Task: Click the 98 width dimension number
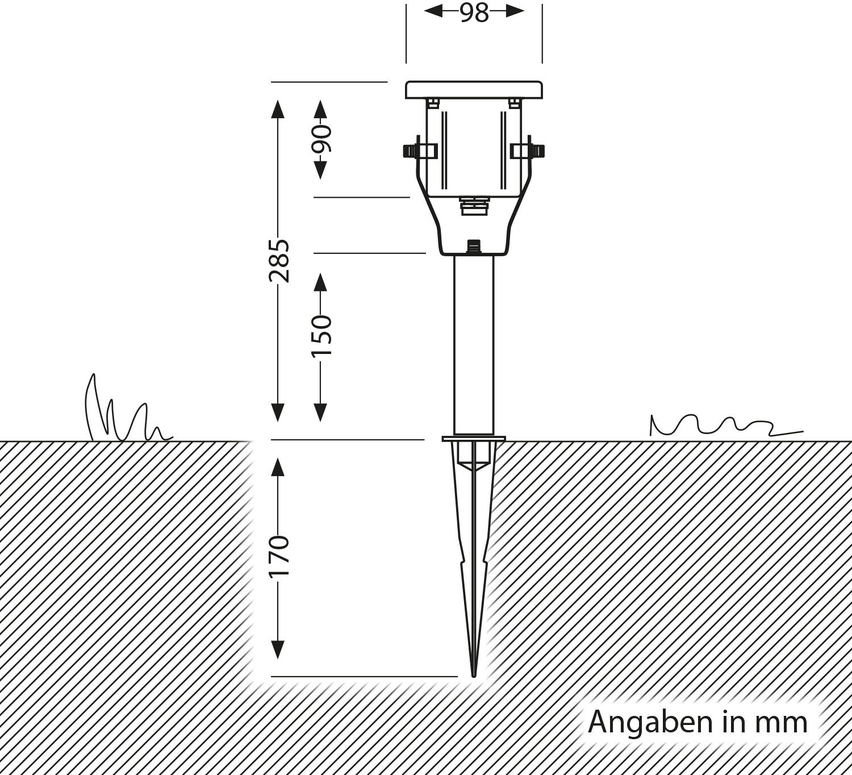click(x=474, y=13)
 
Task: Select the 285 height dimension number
click(x=279, y=261)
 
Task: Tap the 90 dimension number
click(x=321, y=139)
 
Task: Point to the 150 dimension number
click(x=321, y=336)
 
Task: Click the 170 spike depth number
click(x=279, y=555)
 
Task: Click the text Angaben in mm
click(x=698, y=722)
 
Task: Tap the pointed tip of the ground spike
click(x=474, y=673)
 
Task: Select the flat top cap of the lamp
click(x=474, y=90)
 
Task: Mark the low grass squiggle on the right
click(x=721, y=426)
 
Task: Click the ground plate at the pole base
click(x=474, y=439)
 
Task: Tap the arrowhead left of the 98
click(x=433, y=11)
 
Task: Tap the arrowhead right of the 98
click(x=515, y=11)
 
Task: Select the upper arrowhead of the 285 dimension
click(x=278, y=109)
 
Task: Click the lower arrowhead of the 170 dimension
click(x=278, y=649)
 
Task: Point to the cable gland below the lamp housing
click(x=473, y=206)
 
